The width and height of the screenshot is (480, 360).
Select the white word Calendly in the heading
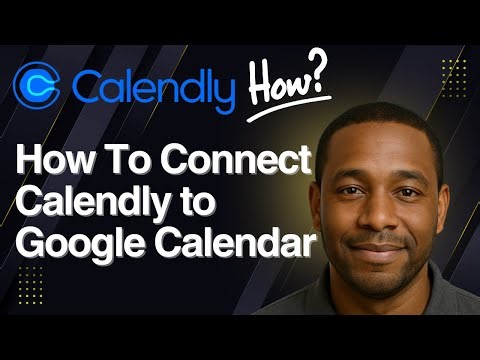coord(89,204)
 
